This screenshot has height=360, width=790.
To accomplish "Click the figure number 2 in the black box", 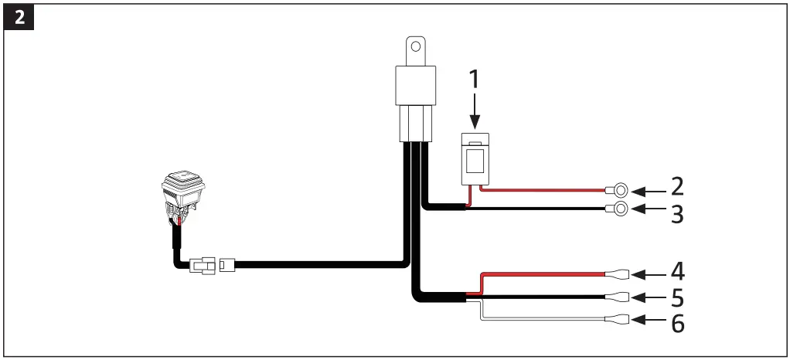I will coord(19,18).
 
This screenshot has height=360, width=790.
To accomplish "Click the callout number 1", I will coord(475,80).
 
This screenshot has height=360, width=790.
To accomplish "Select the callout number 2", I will coord(676,188).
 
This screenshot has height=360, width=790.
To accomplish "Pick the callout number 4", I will coord(676,273).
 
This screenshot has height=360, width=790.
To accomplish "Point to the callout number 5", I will coord(676,298).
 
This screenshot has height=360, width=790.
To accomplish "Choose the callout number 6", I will coord(676,322).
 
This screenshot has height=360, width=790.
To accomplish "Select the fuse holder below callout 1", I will coord(475,159).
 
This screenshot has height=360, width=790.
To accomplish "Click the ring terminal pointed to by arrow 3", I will coord(619,208).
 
